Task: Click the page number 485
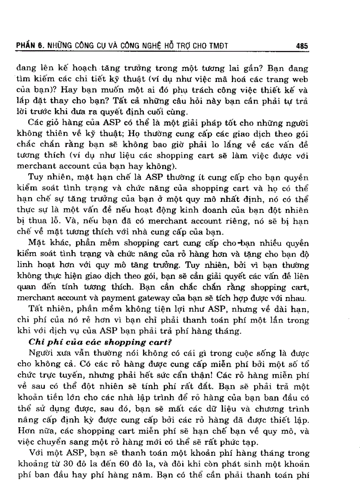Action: (x=302, y=45)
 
